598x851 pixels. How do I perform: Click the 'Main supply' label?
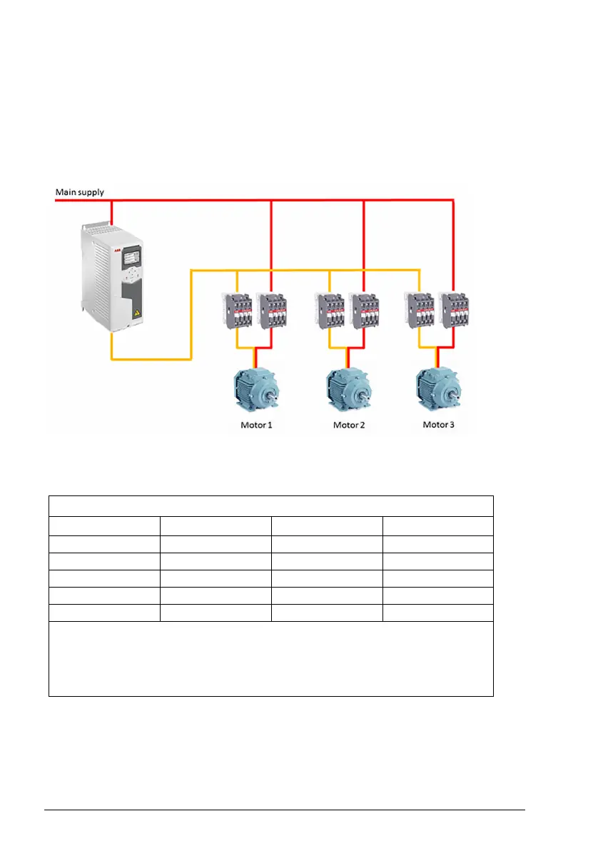[x=79, y=192]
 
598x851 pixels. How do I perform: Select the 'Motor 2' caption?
[x=349, y=425]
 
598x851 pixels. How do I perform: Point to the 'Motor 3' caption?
[x=439, y=425]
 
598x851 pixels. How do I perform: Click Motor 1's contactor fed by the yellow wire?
[x=237, y=310]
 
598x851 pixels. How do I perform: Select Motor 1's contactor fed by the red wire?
[x=272, y=310]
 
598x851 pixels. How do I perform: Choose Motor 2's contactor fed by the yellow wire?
[x=328, y=310]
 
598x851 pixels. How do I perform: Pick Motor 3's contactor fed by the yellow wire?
[x=419, y=310]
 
